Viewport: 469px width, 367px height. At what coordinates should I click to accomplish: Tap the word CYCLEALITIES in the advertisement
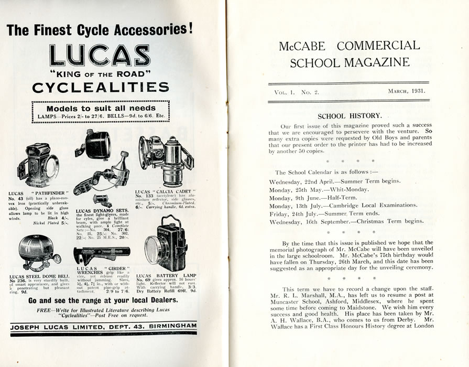pos(101,87)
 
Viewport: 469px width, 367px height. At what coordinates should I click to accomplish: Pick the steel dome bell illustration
pos(38,253)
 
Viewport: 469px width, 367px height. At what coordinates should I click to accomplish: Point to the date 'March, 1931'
pos(406,91)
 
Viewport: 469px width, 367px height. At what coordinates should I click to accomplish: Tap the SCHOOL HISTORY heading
pos(350,115)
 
